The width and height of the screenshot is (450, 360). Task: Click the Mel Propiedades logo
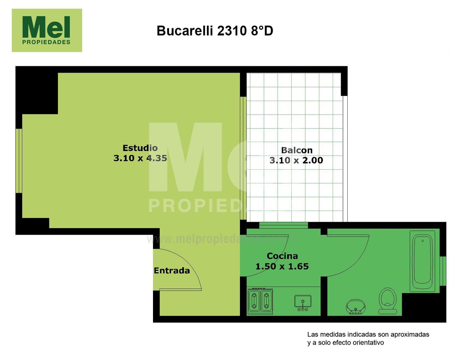47,30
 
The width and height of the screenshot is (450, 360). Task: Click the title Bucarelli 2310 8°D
215,31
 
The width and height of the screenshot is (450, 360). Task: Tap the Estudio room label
140,148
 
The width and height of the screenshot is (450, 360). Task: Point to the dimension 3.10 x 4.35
140,158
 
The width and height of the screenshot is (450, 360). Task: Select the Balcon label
297,150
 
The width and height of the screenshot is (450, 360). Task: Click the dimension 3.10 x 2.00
296,160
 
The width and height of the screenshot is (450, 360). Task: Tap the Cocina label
282,256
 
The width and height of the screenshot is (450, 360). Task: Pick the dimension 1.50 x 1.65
282,266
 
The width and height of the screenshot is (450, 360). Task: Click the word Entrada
172,271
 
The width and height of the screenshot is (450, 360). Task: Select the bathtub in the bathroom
422,261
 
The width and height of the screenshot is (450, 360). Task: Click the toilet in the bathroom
388,301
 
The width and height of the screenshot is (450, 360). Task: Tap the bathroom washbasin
356,306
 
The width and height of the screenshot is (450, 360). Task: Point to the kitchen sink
303,302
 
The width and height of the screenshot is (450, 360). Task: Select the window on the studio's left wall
19,161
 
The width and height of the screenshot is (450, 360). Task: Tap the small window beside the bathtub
443,271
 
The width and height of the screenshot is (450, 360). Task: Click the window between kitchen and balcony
284,225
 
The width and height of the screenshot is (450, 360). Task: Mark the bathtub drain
423,241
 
